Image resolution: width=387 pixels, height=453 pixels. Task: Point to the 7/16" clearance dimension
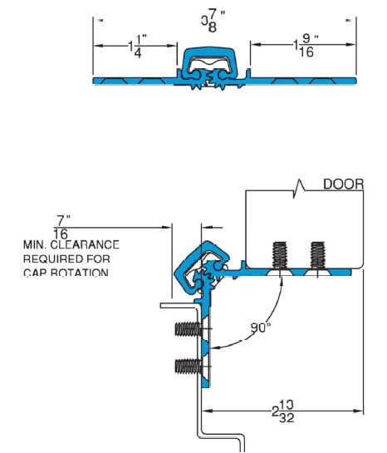61,227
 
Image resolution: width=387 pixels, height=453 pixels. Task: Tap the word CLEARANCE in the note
88,245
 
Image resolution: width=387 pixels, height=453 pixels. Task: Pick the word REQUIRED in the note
53,259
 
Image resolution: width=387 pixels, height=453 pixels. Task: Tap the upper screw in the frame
189,329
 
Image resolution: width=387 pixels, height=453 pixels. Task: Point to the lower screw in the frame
189,365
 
